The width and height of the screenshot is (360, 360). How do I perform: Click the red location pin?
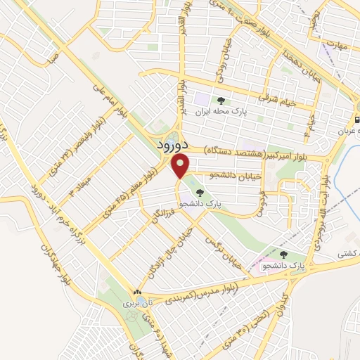click(181, 167)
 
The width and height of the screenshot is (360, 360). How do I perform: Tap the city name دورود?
click(169, 145)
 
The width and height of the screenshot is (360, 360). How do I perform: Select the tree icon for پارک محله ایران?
click(221, 101)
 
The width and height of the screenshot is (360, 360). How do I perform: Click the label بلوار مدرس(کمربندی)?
click(205, 293)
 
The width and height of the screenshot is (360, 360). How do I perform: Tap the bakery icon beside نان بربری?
click(138, 292)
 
